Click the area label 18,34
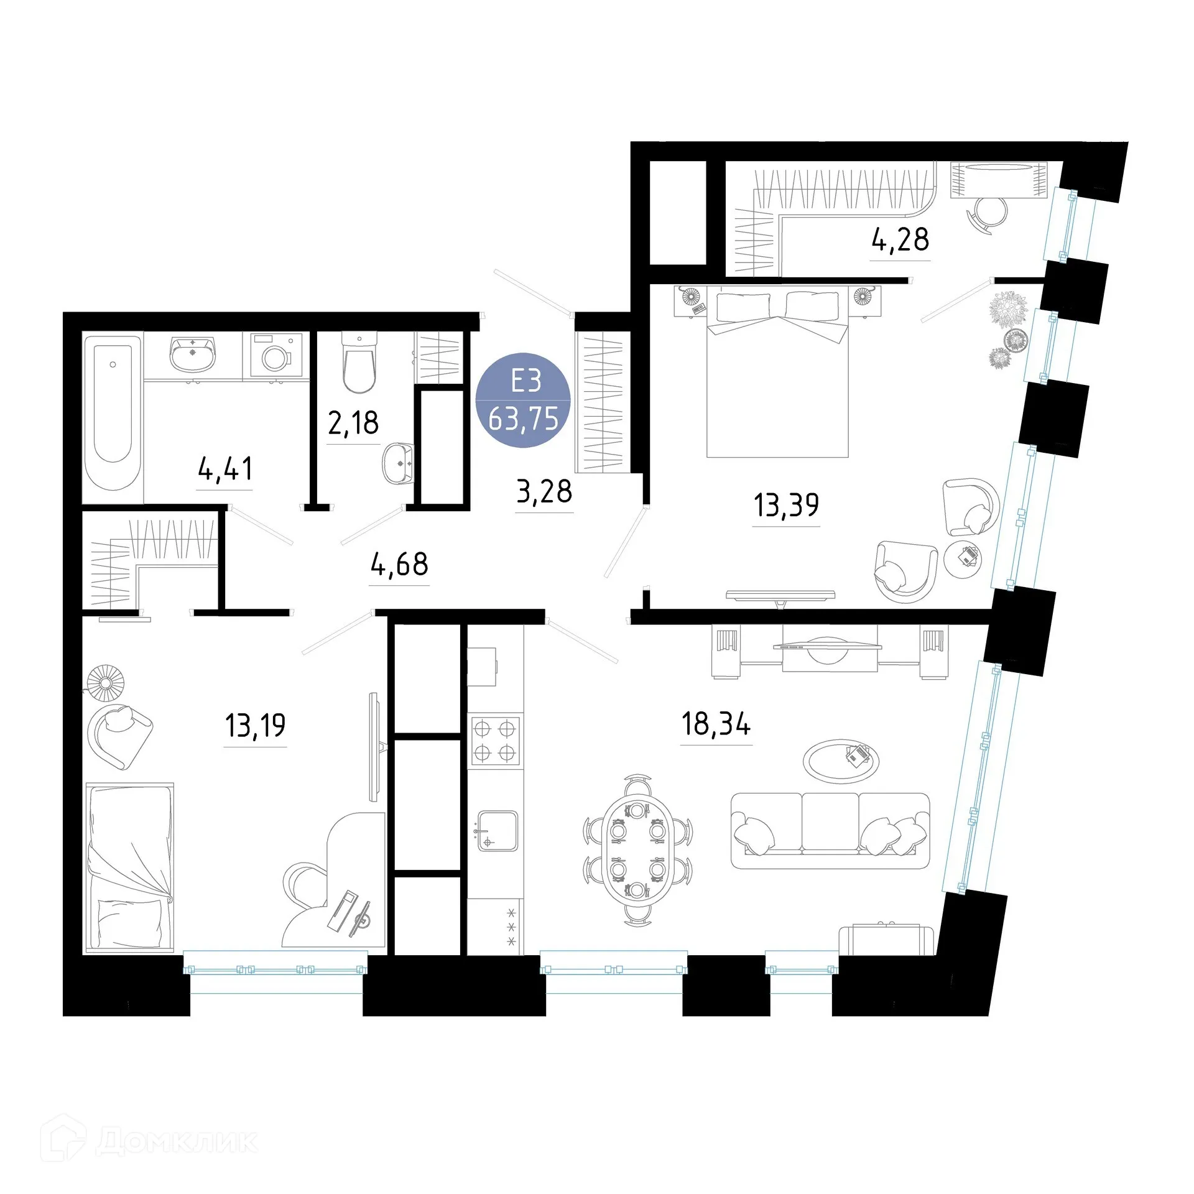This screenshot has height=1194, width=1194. click(x=716, y=724)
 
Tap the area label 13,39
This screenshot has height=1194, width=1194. click(x=785, y=505)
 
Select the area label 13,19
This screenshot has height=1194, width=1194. click(x=255, y=725)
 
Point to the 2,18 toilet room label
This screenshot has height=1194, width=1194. click(x=353, y=423)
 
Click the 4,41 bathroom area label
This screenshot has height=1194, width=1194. click(x=225, y=469)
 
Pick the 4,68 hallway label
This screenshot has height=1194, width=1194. click(x=399, y=564)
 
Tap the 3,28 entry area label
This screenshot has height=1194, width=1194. click(x=544, y=491)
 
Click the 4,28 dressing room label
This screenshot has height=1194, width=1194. click(x=900, y=239)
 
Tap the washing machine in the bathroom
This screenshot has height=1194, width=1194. click(x=276, y=354)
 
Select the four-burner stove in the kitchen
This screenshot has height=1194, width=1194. click(x=495, y=741)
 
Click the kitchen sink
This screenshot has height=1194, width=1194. click(x=497, y=831)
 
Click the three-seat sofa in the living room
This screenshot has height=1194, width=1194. click(x=830, y=830)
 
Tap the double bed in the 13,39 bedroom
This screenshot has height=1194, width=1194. click(x=777, y=379)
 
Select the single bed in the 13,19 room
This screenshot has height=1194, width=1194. click(x=130, y=868)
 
